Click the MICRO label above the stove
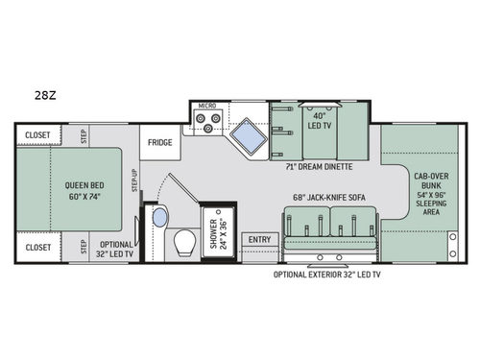[207, 105]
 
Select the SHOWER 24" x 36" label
[219, 230]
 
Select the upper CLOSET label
[38, 135]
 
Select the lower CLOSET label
[38, 247]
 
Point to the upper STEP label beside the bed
[84, 135]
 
